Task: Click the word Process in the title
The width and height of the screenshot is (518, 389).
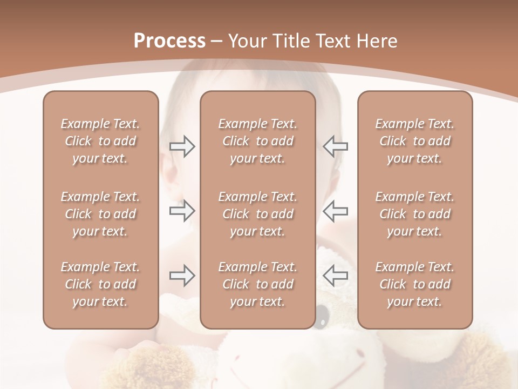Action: pos(169,41)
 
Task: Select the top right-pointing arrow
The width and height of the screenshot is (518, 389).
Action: pos(182,146)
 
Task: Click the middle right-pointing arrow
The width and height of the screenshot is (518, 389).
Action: pos(182,211)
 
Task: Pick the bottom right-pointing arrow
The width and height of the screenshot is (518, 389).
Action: pos(182,276)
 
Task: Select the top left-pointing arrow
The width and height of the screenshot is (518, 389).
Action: pos(335,146)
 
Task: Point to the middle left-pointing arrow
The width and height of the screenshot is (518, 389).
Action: pos(335,211)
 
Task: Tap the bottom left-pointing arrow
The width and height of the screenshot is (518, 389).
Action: pos(335,276)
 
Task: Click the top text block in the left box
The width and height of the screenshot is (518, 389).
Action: pos(100,141)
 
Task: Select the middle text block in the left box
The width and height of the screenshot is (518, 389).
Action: pos(100,214)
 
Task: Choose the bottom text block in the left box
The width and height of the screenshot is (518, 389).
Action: pos(100,284)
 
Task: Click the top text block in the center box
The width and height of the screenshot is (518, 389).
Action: pos(257,141)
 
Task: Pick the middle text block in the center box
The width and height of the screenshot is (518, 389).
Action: pos(257,214)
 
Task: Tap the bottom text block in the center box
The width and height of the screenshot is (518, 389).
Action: pos(257,284)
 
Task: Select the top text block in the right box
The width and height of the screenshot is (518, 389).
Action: pos(414,141)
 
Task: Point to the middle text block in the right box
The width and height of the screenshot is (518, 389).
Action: pos(414,214)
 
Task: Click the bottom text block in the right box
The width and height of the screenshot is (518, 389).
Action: pos(414,284)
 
